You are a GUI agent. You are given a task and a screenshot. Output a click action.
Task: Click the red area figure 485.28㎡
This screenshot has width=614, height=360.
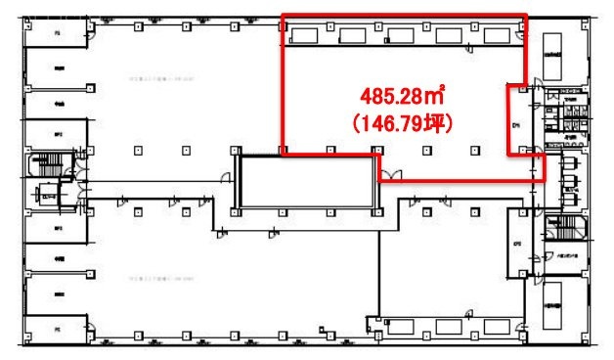(402, 98)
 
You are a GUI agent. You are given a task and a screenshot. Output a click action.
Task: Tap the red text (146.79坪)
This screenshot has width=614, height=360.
(400, 124)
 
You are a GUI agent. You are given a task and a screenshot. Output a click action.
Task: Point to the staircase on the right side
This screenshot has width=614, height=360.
(565, 232)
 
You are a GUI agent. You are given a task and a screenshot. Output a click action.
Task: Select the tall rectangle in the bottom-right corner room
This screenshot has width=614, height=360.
(557, 304)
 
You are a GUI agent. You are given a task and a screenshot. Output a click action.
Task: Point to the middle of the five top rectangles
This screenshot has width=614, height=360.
(401, 36)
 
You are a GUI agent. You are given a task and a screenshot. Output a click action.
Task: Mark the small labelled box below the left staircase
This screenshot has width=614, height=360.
(45, 194)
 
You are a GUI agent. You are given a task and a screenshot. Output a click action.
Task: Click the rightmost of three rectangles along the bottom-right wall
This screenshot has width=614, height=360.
(497, 326)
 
